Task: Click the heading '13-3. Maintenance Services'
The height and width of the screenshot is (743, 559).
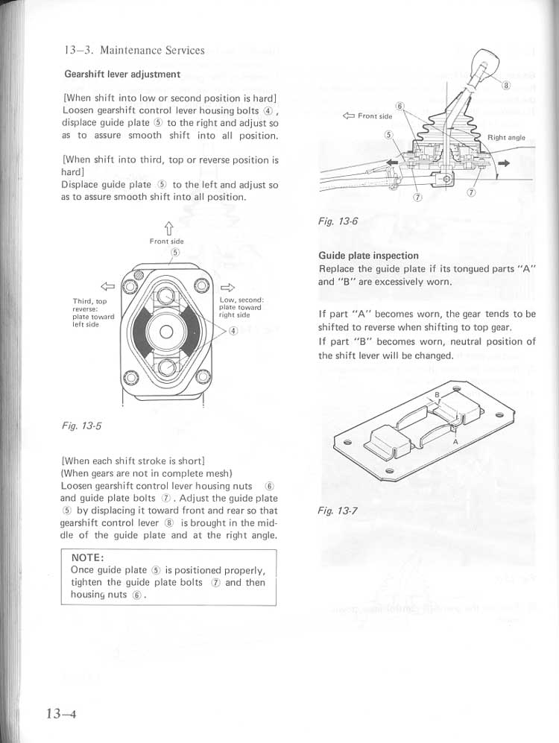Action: pyautogui.click(x=134, y=51)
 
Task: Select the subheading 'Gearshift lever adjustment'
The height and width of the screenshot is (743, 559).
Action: pyautogui.click(x=122, y=75)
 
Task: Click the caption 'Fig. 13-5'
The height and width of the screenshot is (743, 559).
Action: pyautogui.click(x=81, y=426)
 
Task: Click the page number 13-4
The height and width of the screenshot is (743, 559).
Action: pyautogui.click(x=61, y=713)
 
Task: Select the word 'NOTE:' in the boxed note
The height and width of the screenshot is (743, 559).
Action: pyautogui.click(x=87, y=558)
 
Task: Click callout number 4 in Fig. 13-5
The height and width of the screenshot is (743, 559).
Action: pyautogui.click(x=233, y=331)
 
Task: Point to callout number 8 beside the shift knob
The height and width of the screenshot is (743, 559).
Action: pyautogui.click(x=506, y=85)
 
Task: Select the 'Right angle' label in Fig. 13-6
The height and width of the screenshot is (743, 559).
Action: pyautogui.click(x=506, y=138)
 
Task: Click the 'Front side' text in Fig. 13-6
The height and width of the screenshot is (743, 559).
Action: pyautogui.click(x=374, y=116)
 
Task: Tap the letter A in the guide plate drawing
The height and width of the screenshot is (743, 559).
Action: pyautogui.click(x=455, y=441)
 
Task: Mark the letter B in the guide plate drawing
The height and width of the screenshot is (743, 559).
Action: pyautogui.click(x=437, y=395)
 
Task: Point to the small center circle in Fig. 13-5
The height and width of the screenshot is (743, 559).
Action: pyautogui.click(x=165, y=331)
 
